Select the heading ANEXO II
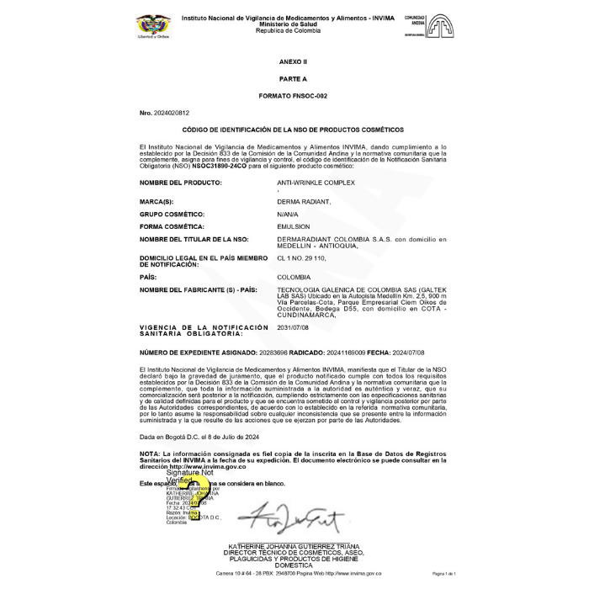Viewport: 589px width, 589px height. point(294,62)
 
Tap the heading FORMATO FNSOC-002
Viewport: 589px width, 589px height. point(294,96)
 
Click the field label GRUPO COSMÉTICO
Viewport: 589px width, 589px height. point(172,215)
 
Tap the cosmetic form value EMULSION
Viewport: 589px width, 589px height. point(294,226)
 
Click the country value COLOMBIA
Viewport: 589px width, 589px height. point(294,277)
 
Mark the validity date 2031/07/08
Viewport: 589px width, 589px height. point(294,327)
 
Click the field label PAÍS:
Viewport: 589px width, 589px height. point(148,277)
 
